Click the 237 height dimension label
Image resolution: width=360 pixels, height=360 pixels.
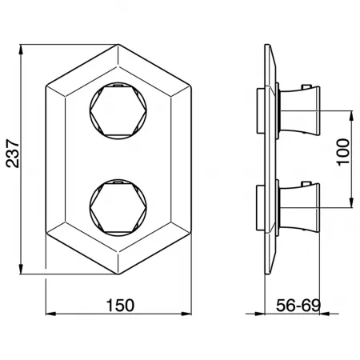pyautogui.click(x=13, y=154)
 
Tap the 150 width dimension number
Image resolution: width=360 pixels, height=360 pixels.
pyautogui.click(x=120, y=306)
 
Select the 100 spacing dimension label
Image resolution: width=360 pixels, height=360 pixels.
pyautogui.click(x=343, y=152)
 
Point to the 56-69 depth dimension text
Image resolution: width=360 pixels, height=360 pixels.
pyautogui.click(x=298, y=306)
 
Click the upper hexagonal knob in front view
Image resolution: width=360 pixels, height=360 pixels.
pyautogui.click(x=118, y=110)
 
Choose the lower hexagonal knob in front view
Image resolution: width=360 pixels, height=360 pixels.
pyautogui.click(x=118, y=207)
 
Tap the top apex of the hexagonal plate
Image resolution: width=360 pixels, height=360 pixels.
pyautogui.click(x=118, y=45)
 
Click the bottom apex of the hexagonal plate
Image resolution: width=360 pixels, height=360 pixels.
pyautogui.click(x=118, y=274)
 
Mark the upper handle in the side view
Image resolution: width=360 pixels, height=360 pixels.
pyautogui.click(x=298, y=110)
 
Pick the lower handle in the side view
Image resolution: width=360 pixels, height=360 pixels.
pyautogui.click(x=298, y=207)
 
